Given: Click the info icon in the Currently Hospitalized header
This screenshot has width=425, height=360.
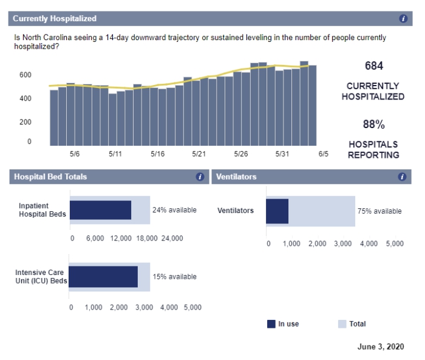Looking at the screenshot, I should (403, 19).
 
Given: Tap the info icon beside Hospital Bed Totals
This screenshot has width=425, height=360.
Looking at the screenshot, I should (200, 177).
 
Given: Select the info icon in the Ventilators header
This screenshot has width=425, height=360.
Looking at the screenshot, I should (402, 177).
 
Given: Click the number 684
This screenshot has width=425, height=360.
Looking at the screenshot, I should (374, 66).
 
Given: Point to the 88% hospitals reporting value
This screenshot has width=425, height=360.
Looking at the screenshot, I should (374, 124).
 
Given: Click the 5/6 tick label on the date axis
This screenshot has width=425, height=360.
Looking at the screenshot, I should (75, 154).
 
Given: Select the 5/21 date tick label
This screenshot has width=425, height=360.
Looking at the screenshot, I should (199, 154).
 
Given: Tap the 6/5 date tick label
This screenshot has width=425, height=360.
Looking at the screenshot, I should (323, 154).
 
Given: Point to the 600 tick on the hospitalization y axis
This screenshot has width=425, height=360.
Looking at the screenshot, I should (25, 75).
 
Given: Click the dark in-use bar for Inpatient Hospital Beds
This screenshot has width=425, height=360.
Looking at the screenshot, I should (100, 210).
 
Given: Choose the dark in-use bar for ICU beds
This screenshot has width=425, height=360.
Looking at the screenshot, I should (103, 277).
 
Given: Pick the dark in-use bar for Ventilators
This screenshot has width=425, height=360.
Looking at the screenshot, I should (277, 211).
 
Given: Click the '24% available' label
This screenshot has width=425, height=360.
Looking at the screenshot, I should (174, 210).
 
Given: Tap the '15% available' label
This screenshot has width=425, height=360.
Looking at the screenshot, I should (174, 277).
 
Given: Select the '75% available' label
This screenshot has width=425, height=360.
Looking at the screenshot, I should (379, 211).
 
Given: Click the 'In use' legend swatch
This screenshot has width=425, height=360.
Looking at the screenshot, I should (271, 324).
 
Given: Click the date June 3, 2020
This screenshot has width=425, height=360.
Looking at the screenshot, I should (380, 347).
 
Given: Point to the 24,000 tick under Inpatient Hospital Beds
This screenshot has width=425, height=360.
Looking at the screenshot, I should (171, 238).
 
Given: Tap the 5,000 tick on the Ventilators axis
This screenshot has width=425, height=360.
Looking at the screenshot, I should (395, 243).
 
